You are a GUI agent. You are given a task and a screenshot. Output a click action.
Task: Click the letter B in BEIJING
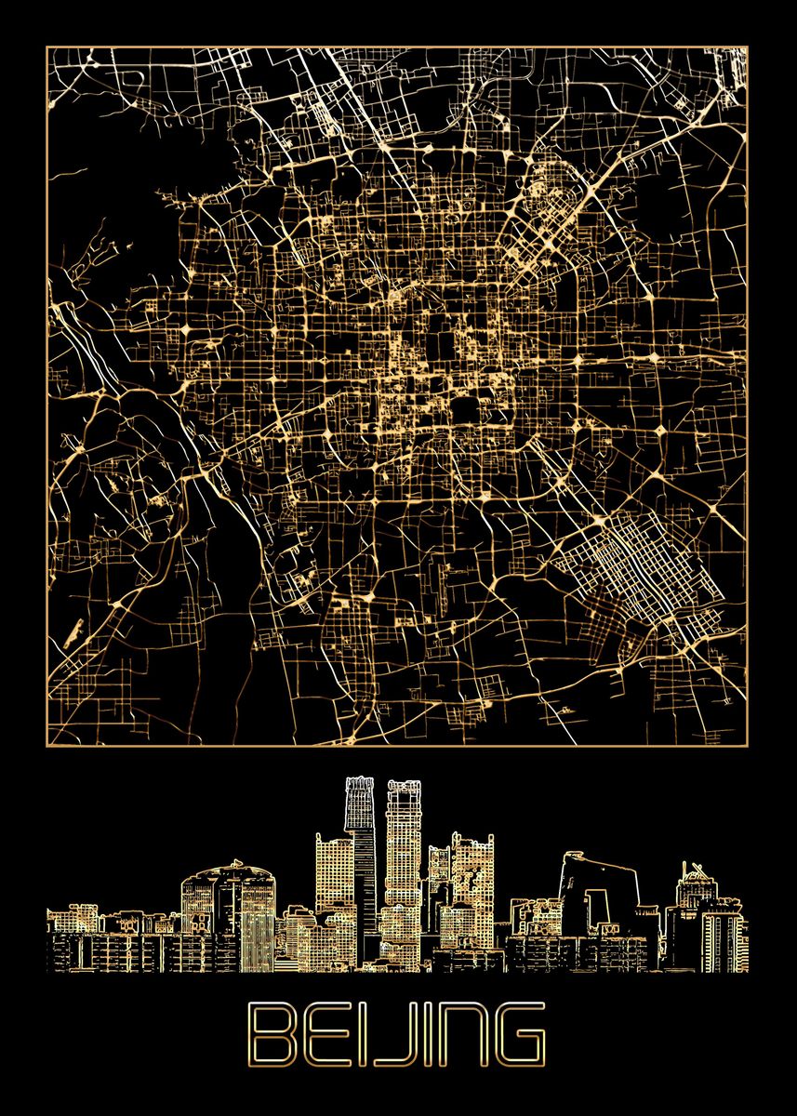pyautogui.click(x=272, y=1033)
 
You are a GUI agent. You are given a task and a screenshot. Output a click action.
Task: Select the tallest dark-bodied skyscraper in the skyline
pyautogui.click(x=360, y=856)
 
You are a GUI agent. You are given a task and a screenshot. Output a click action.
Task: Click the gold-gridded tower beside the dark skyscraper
pyautogui.click(x=404, y=856)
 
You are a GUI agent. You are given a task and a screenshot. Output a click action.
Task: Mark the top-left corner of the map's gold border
pyautogui.click(x=47, y=47)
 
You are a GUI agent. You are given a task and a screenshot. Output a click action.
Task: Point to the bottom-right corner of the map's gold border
pyautogui.click(x=748, y=744)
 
